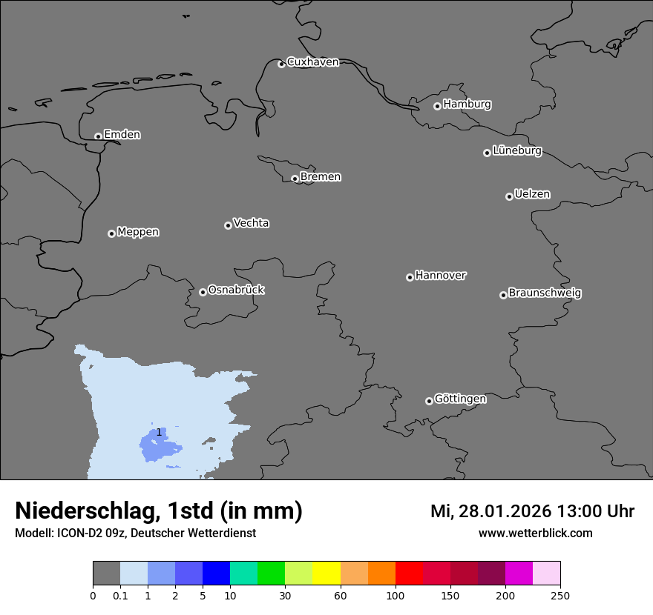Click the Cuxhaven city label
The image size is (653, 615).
(x=312, y=62)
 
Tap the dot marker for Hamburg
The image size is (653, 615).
(x=437, y=106)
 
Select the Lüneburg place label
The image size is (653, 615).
(x=517, y=151)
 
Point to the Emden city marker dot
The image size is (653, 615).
(x=98, y=136)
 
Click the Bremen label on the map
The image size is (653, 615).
(x=321, y=177)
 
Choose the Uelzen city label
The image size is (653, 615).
(x=532, y=195)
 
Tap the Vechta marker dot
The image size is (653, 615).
(x=228, y=225)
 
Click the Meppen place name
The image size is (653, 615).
(x=138, y=233)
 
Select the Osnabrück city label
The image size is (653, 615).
(x=236, y=290)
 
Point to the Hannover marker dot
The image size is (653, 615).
(x=410, y=277)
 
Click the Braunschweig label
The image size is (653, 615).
(x=545, y=293)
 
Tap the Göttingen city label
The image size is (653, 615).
(x=460, y=399)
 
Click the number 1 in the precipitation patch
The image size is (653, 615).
(x=159, y=432)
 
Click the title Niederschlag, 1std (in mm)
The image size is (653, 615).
(x=159, y=511)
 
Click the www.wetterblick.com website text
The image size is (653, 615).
(x=535, y=533)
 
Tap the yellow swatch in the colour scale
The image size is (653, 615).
(x=326, y=574)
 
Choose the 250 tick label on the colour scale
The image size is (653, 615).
(x=560, y=596)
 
